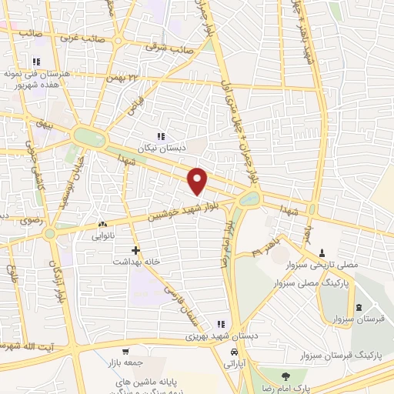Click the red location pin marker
point(198,180)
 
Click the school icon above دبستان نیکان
point(160,135)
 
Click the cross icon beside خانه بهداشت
point(135,250)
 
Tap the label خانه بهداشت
point(135,262)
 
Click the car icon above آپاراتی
point(232,352)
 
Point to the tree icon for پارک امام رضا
point(285,376)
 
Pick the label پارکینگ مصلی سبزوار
point(311,282)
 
